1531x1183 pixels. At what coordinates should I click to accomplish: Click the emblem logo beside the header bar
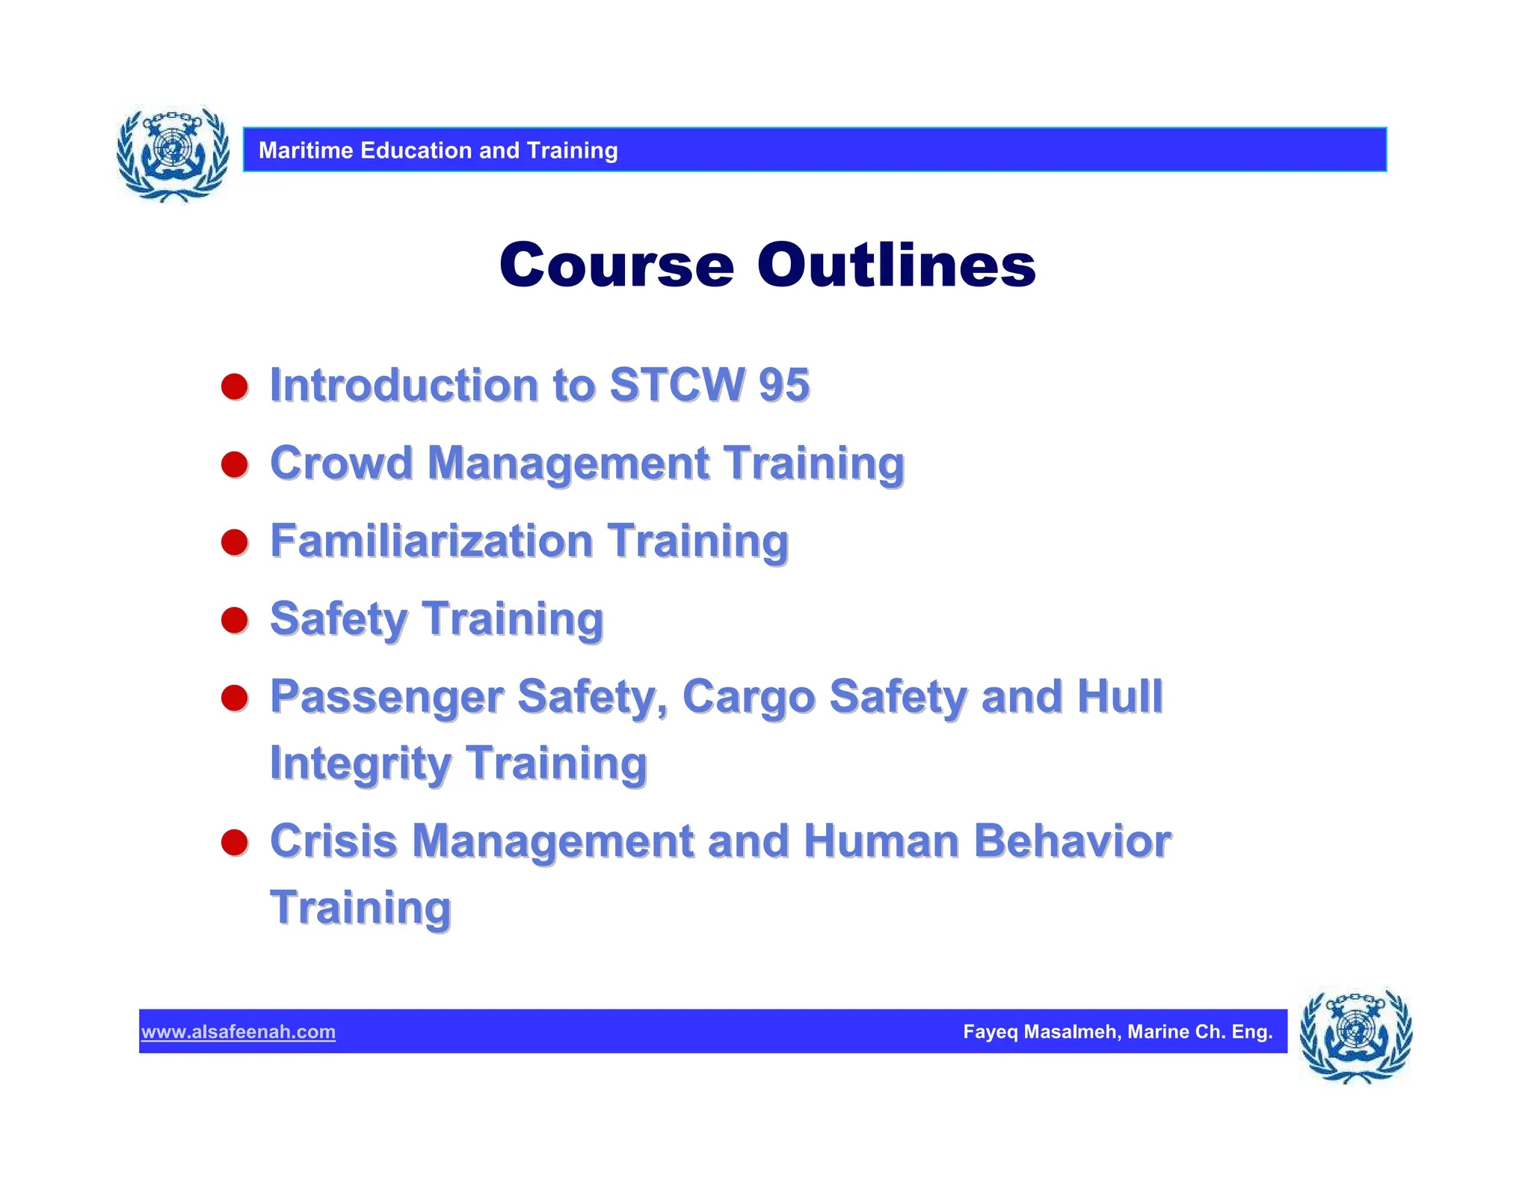pos(173,154)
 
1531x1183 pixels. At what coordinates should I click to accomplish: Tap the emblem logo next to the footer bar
pos(1355,1036)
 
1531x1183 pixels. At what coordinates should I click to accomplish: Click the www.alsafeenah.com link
pos(238,1032)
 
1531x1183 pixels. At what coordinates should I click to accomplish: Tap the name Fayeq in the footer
pos(990,1032)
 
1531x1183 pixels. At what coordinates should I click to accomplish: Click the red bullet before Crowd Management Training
pos(235,464)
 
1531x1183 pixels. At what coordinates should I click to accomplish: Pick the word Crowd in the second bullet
pos(341,463)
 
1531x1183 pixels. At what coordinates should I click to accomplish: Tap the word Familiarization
pos(431,541)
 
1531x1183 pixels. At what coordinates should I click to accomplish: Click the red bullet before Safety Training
pos(235,620)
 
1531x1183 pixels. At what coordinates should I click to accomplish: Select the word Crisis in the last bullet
pos(333,841)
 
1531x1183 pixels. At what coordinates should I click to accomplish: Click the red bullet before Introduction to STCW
pos(235,387)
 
